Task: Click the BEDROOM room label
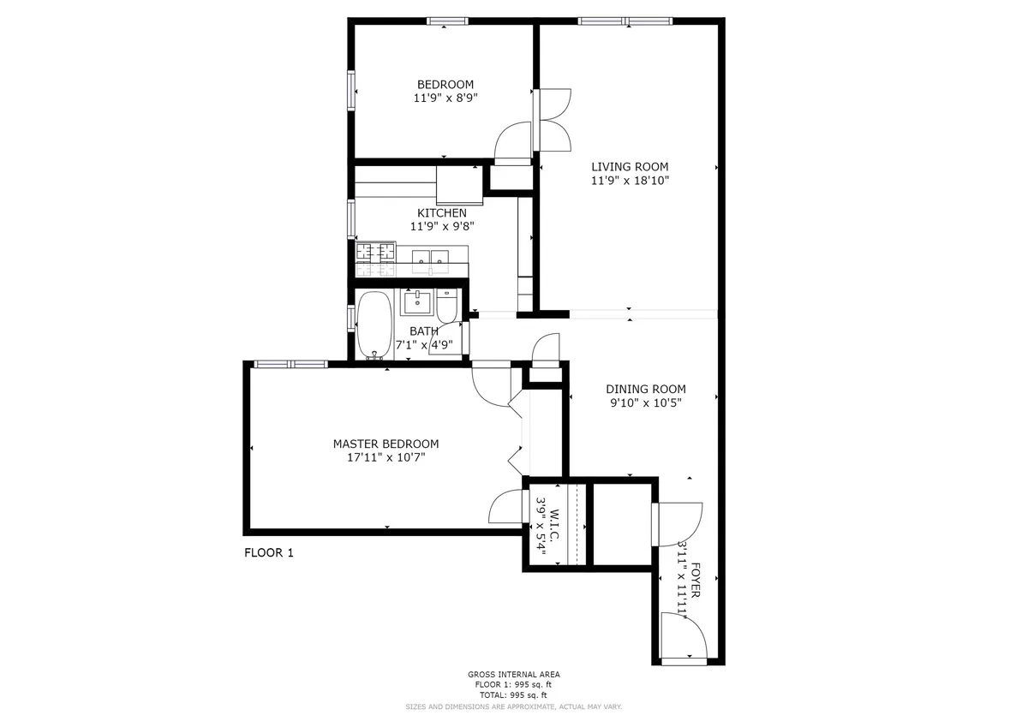coord(445,84)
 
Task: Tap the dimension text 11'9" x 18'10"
coord(629,181)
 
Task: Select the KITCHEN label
coord(442,212)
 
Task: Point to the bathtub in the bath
coord(374,325)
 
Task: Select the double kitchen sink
coord(431,258)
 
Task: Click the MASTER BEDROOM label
coord(385,444)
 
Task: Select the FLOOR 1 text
coord(269,553)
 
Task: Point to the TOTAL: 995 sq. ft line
coord(514,695)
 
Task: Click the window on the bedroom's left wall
coord(350,90)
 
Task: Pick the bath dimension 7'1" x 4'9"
coord(424,345)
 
